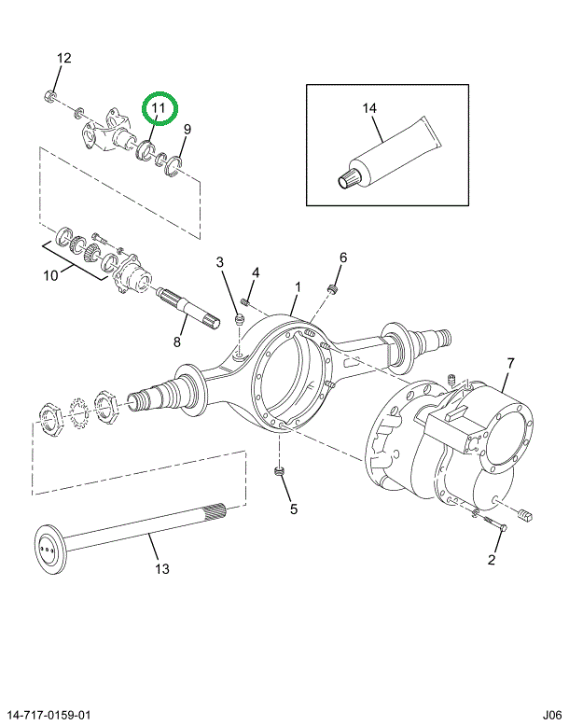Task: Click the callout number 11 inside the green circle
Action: [159, 108]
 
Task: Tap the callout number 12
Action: [64, 58]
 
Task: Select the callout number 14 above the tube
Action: [369, 108]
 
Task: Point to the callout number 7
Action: [510, 363]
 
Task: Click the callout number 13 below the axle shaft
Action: [162, 569]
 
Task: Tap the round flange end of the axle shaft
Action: [51, 550]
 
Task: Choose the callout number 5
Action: [294, 509]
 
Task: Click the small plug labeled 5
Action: [278, 471]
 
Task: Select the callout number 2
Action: [492, 560]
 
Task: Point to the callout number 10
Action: [51, 275]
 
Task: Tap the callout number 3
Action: [219, 262]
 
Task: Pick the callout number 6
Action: [343, 258]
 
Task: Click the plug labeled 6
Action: [331, 289]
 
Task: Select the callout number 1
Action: [298, 287]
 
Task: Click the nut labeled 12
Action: [49, 96]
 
